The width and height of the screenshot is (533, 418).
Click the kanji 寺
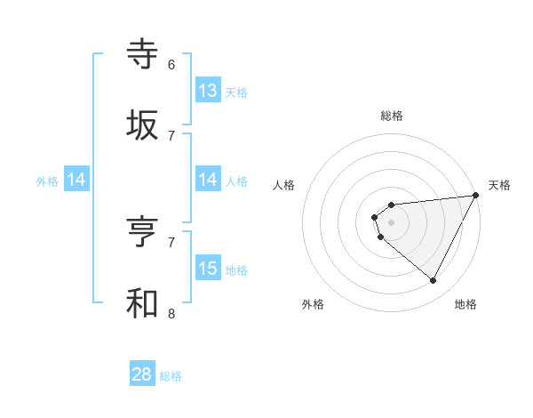pos(143,54)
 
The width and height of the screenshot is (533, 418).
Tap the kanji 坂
pos(143,125)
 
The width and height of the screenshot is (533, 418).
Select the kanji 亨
pos(143,232)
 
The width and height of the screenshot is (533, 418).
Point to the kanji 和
pos(143,303)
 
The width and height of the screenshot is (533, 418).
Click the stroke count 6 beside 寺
pos(171,65)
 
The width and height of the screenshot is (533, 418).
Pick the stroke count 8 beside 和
pos(171,313)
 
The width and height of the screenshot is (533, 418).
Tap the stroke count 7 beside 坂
pos(171,135)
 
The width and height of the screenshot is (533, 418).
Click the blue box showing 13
pos(208,91)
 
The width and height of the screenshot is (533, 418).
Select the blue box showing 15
pos(208,269)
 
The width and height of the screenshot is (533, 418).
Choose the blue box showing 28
pos(142,374)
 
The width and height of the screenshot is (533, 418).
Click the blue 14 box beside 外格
pos(76,180)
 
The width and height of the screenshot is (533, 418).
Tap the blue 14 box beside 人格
pos(208,180)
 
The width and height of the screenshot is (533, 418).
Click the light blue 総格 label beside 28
pos(171,376)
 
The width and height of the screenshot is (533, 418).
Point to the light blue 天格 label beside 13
pos(236,92)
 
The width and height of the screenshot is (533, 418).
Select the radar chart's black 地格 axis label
pos(465,304)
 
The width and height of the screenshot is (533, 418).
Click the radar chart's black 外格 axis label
pos(313,304)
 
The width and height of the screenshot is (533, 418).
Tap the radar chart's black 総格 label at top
pos(392,116)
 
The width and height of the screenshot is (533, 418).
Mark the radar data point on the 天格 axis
pos(475,196)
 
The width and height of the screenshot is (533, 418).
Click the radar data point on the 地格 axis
pos(433,280)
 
